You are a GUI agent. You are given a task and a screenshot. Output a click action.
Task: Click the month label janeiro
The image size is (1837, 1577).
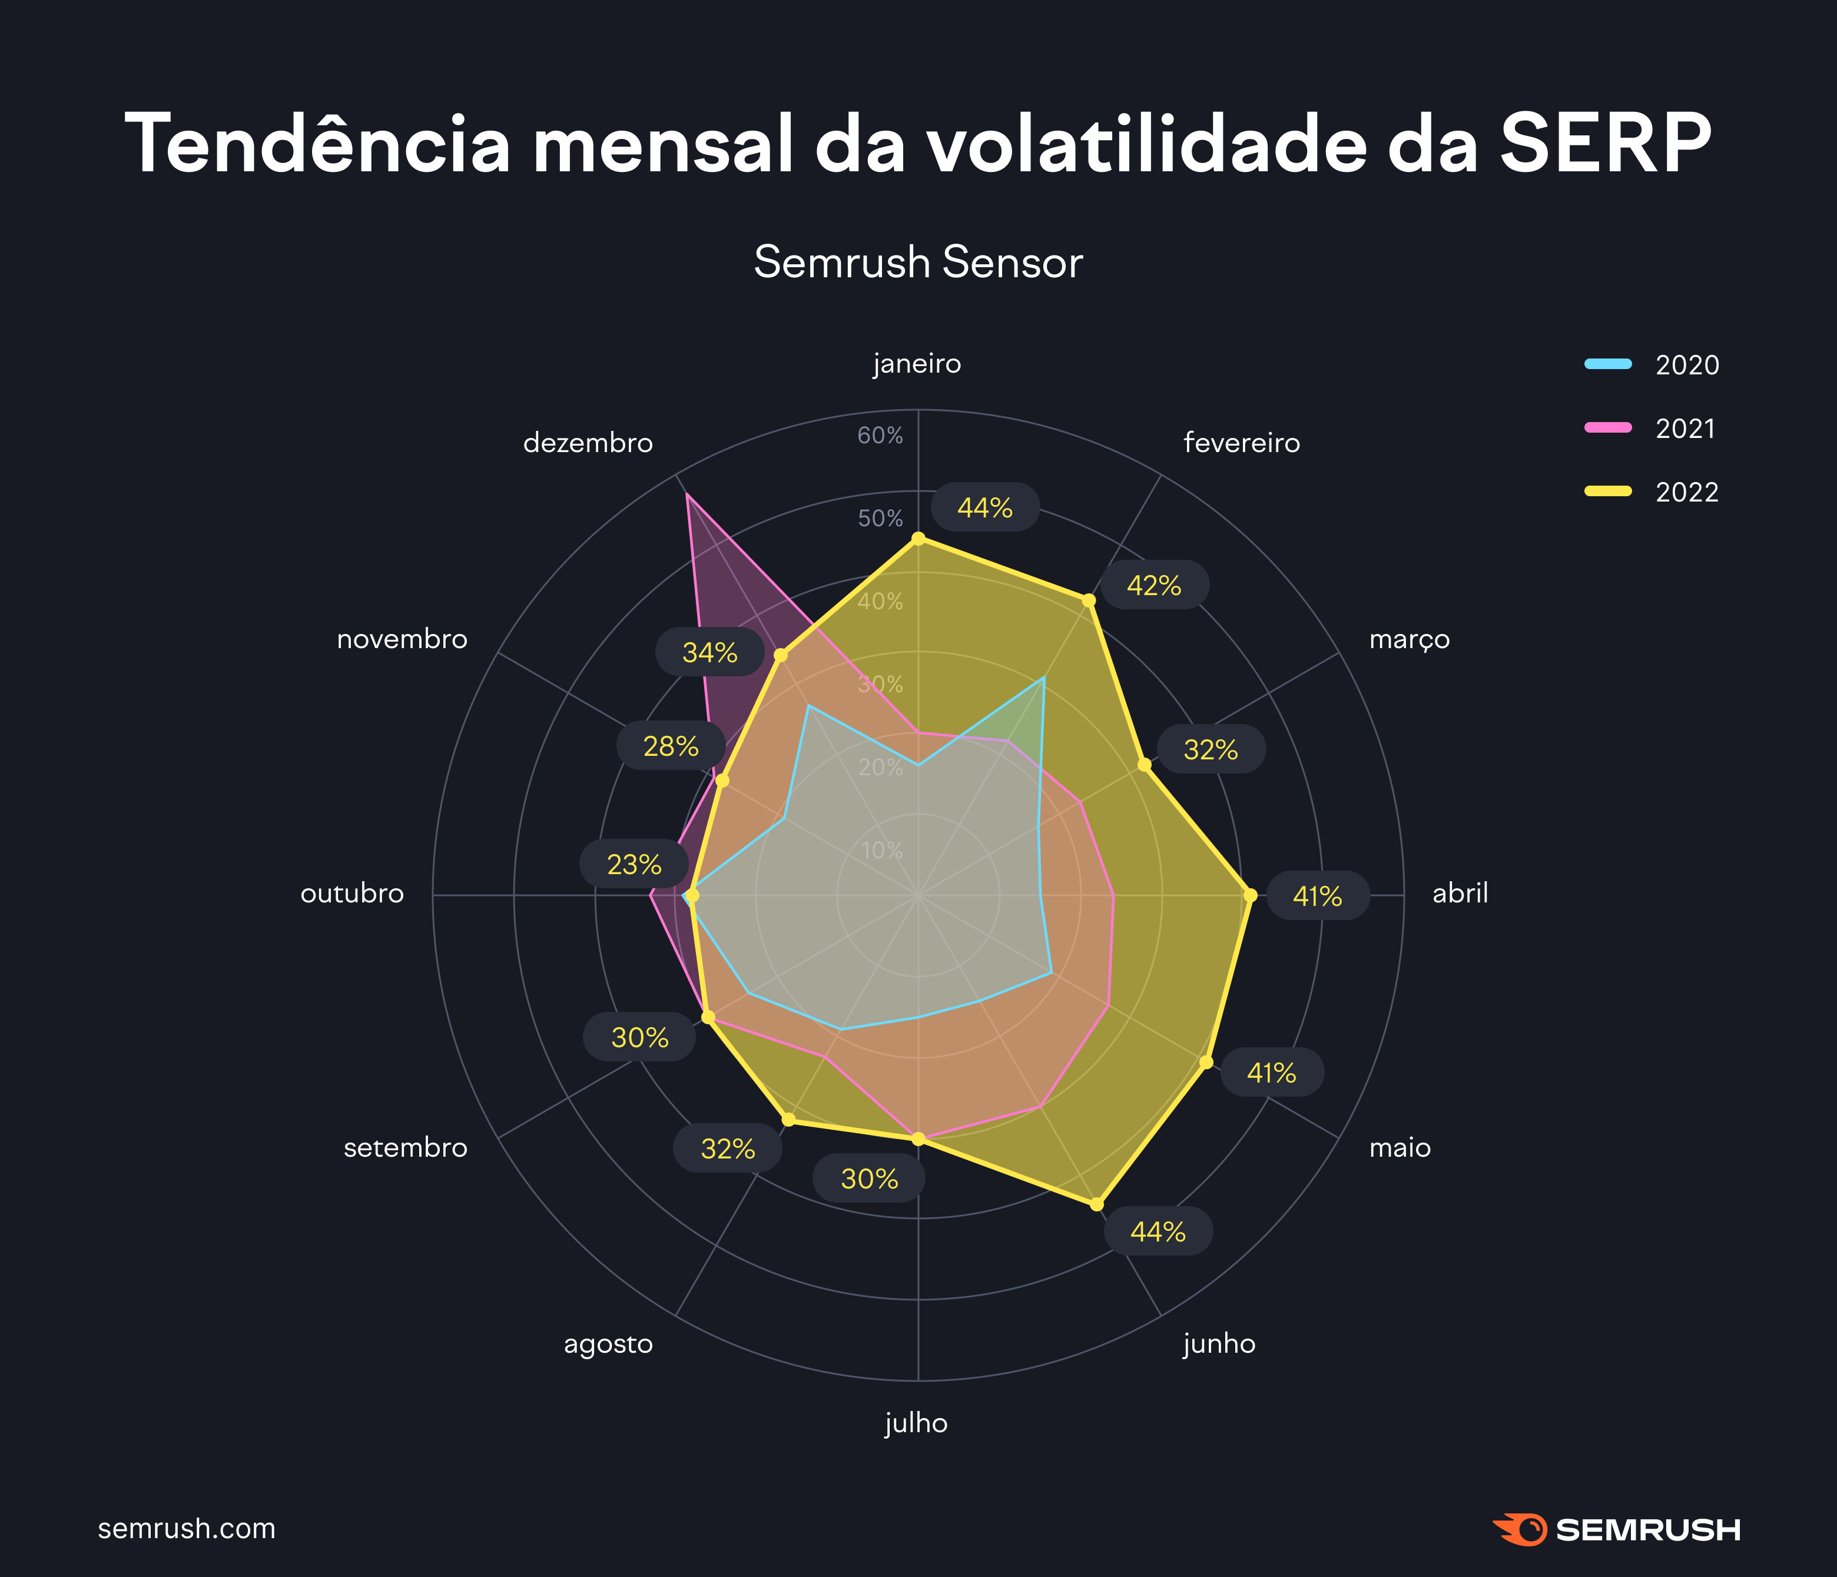coord(917,363)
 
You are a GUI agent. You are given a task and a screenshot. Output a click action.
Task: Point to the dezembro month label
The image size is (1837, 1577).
coord(588,442)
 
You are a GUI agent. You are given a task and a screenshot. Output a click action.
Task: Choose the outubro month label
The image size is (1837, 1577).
coord(352,892)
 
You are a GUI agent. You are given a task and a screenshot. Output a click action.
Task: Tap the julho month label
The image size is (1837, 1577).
coord(917,1423)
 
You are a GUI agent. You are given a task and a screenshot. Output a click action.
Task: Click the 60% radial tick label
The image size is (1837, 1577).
coord(880,435)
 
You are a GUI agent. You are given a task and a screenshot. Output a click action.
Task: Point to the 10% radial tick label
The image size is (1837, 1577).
coord(881,850)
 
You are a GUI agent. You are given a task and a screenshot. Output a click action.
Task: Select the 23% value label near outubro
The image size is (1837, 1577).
coord(634,864)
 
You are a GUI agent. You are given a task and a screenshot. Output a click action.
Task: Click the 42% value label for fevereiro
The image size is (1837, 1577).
coord(1153,585)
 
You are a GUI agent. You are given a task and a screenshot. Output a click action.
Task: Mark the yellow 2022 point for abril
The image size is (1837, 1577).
coord(1250,895)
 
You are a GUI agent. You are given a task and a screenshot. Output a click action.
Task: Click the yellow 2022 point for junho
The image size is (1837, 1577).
coord(1097,1204)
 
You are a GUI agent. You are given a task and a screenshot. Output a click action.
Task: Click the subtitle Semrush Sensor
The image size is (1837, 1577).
coord(917,263)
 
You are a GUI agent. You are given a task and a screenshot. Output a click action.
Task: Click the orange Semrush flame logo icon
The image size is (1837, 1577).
coord(1522,1529)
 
